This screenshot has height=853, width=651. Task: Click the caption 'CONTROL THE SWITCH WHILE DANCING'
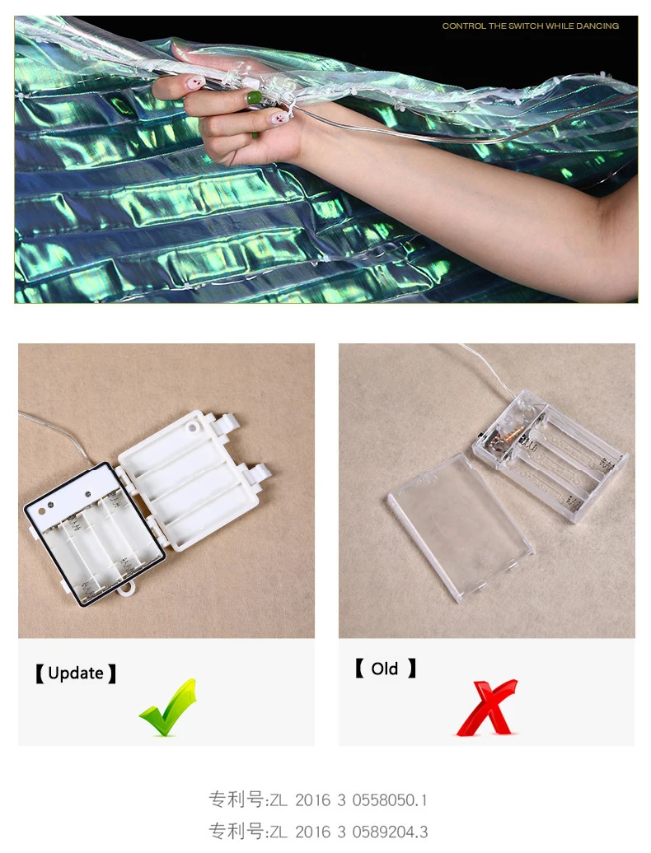[530, 26]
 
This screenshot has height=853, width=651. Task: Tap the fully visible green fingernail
[254, 98]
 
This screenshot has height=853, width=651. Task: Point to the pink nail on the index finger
[195, 83]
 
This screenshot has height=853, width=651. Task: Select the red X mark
[487, 707]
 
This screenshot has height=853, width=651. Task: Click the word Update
[76, 673]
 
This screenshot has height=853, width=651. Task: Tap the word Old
[384, 669]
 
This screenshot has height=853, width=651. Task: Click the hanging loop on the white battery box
[129, 590]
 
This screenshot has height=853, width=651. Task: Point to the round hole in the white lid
[192, 427]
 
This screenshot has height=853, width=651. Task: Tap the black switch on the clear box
[478, 436]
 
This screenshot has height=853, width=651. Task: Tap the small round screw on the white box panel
[88, 494]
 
